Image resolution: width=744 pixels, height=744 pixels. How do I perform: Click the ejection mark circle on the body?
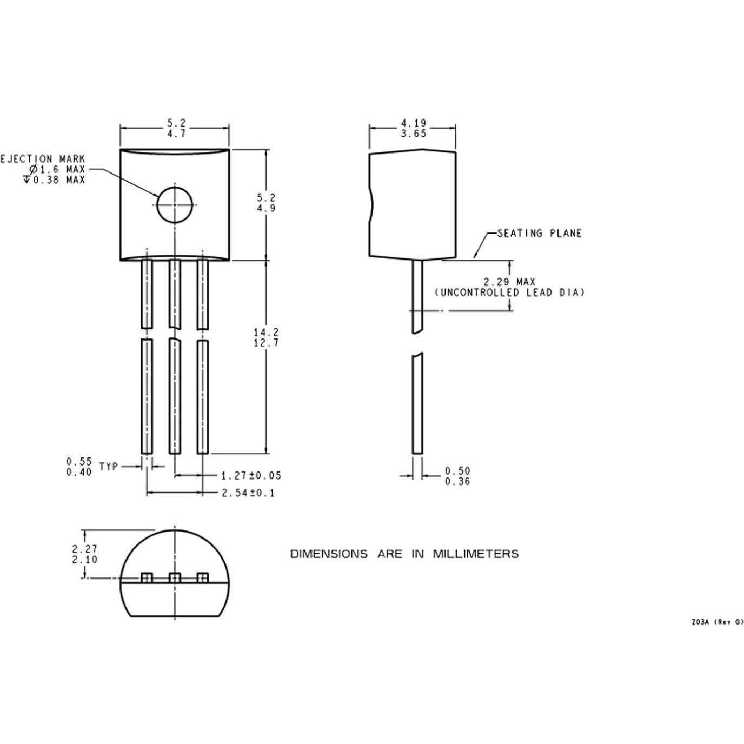click(x=175, y=205)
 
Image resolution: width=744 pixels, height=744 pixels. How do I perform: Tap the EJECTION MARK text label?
click(x=43, y=159)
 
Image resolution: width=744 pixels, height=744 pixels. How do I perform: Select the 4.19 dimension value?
click(x=413, y=123)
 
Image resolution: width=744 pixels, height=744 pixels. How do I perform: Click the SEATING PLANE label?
click(x=539, y=234)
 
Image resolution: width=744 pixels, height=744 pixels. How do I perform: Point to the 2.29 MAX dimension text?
click(x=509, y=282)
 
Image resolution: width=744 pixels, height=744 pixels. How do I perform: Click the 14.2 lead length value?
click(x=266, y=332)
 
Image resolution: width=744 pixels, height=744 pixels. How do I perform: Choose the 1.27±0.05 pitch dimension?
click(x=251, y=476)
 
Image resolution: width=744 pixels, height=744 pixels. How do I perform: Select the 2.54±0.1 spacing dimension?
click(x=248, y=493)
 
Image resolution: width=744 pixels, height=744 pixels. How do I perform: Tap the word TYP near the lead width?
click(x=109, y=466)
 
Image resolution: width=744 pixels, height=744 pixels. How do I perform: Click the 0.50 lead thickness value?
click(x=457, y=471)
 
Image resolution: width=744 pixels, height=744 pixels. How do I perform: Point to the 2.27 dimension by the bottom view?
click(x=85, y=549)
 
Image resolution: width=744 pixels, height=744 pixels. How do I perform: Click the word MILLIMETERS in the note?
click(x=475, y=554)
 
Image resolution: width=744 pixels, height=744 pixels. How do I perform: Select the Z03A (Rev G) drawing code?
click(x=717, y=622)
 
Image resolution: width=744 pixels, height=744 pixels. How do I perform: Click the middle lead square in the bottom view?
click(x=175, y=578)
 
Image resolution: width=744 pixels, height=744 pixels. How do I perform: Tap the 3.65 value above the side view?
click(x=413, y=134)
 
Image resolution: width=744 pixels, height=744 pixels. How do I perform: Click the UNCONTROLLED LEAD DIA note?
click(x=509, y=293)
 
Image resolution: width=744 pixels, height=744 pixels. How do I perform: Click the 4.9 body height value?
click(x=266, y=208)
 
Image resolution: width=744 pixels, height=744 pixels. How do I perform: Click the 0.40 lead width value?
click(x=79, y=472)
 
